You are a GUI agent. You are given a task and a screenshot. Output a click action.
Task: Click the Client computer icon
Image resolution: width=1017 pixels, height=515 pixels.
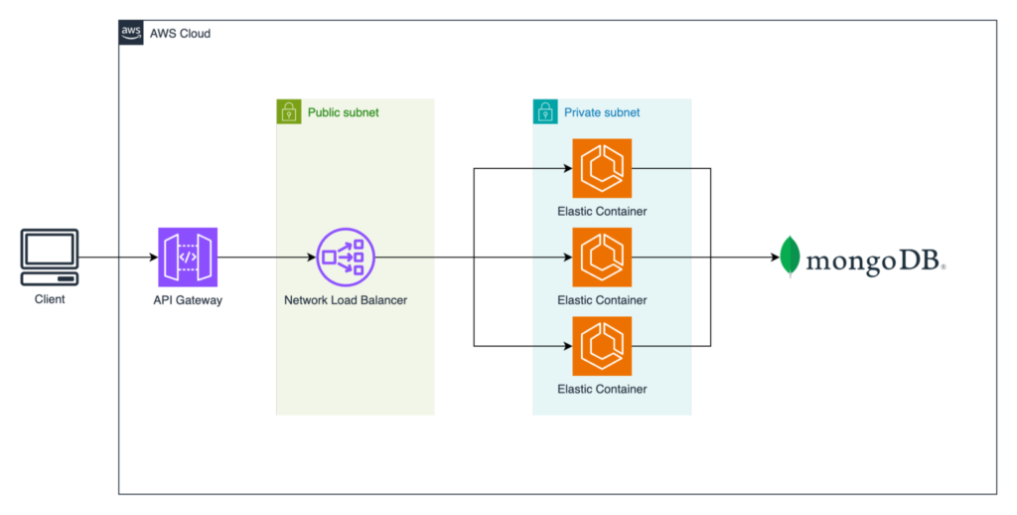50,255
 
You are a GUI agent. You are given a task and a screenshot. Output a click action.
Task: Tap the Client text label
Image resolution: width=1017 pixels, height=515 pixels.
50,298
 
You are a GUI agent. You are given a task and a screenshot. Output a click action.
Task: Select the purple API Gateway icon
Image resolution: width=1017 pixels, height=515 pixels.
188,257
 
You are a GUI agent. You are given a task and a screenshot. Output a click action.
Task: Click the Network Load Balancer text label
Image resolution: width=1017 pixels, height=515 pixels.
346,300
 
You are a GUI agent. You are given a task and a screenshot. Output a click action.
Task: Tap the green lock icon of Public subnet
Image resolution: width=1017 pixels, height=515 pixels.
288,111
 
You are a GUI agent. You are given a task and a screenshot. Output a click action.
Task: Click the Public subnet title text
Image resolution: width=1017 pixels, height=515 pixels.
343,112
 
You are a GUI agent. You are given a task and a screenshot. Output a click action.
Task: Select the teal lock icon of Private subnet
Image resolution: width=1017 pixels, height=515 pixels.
545,111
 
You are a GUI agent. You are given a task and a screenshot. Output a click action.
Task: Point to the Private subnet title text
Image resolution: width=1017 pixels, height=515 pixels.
602,112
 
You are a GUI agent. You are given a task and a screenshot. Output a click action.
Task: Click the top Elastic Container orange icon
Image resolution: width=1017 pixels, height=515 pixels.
602,168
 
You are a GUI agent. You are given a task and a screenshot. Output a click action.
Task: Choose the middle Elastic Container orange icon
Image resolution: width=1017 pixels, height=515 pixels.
602,257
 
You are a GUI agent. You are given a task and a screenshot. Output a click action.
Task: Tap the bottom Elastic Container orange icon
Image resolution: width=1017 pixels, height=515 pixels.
602,346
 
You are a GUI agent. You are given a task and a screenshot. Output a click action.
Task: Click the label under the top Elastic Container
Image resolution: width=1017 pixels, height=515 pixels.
602,211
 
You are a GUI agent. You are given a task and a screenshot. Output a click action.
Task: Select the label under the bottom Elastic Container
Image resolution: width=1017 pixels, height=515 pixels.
602,389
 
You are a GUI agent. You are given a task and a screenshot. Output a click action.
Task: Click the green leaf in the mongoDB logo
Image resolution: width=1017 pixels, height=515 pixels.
790,257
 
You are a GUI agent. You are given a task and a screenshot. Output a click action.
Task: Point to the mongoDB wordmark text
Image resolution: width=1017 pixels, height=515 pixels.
875,260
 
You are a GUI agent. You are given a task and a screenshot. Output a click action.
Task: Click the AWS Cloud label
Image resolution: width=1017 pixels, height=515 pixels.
180,34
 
